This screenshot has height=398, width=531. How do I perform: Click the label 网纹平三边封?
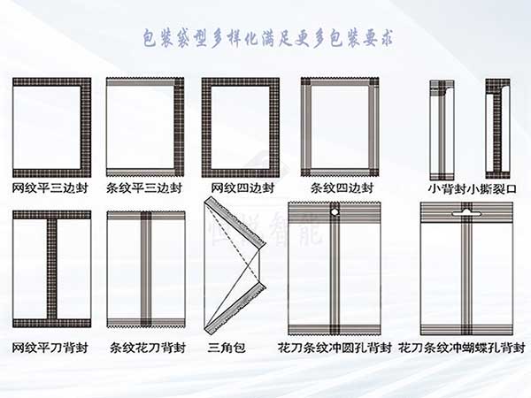pos(51,188)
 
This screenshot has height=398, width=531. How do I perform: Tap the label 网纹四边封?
pos(242,188)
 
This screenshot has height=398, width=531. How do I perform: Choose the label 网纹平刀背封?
pos(51,348)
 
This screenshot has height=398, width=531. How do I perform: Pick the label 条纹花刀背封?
pos(144,348)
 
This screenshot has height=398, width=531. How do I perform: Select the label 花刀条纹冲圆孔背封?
pos(335,348)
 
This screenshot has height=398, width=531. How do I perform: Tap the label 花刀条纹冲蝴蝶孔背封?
pos(458,348)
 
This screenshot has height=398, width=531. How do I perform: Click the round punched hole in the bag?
pos(335,213)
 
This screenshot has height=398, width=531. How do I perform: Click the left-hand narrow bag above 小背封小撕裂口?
pos(441,128)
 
